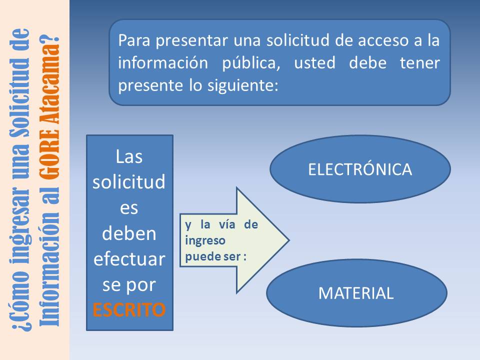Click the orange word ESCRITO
[x=129, y=309]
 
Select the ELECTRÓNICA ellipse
[x=360, y=169]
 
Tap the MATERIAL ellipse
[x=356, y=293]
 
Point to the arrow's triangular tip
[x=288, y=240]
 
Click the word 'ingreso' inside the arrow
[x=205, y=240]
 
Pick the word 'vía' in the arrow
[x=227, y=224]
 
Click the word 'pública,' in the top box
[x=251, y=63]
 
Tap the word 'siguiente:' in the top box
[x=243, y=85]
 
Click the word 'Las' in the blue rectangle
[x=129, y=156]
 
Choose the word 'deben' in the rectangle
[x=129, y=233]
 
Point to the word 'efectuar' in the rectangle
[x=129, y=259]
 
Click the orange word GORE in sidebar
[x=49, y=154]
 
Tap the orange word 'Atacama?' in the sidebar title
[x=49, y=78]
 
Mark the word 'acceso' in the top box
[x=383, y=40]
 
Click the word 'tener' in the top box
[x=419, y=63]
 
